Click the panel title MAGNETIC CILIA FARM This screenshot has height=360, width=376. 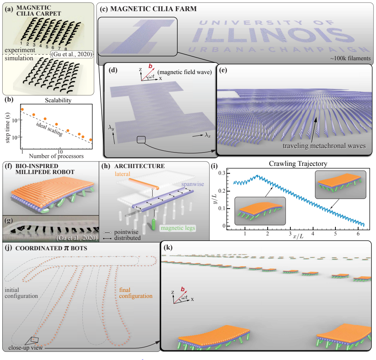click(x=153, y=9)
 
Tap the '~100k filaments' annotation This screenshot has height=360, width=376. click(x=350, y=58)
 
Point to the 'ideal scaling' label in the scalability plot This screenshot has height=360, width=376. click(x=50, y=129)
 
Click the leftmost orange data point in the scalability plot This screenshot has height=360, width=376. click(x=22, y=109)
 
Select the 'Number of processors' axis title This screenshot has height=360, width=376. click(x=56, y=156)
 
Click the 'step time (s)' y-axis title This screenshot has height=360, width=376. click(x=8, y=128)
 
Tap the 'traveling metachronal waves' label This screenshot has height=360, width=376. click(x=324, y=146)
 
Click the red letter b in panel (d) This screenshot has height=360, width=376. click(x=150, y=66)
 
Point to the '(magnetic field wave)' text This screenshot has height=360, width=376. click(x=185, y=72)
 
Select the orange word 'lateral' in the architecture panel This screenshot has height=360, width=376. click(x=122, y=174)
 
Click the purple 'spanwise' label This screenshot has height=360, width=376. click(x=193, y=184)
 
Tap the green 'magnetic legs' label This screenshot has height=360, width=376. click(x=178, y=228)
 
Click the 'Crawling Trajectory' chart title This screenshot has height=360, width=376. click(x=298, y=164)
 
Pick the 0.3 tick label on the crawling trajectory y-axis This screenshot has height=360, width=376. click(x=222, y=173)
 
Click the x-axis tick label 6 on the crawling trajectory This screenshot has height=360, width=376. click(x=358, y=234)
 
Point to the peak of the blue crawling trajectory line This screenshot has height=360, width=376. click(x=258, y=175)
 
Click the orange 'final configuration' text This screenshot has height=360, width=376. click(x=136, y=293)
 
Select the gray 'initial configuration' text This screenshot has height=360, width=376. click(x=21, y=293)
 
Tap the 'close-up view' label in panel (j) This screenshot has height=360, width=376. click(x=26, y=348)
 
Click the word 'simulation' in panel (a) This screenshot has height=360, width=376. click(x=19, y=58)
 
